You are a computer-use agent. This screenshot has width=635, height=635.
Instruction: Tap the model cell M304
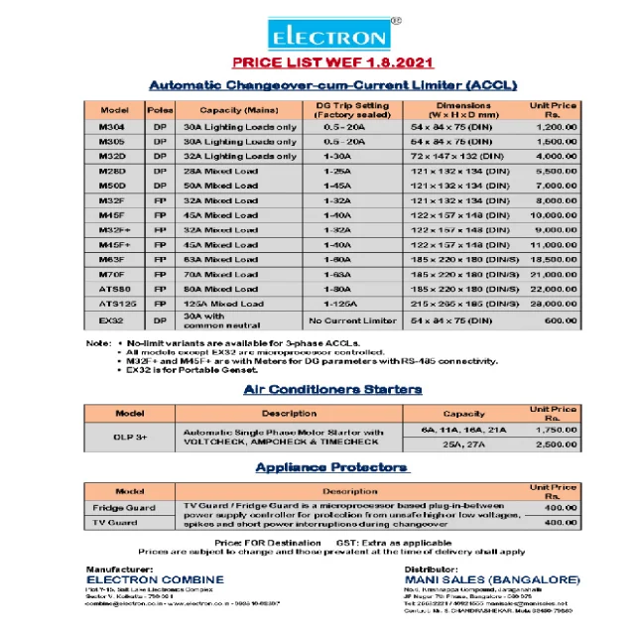(x=113, y=127)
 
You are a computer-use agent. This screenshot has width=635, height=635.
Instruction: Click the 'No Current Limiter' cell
(x=353, y=321)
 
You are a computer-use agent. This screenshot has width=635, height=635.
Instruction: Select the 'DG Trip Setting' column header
(x=353, y=109)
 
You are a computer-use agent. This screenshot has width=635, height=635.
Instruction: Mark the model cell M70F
(x=113, y=274)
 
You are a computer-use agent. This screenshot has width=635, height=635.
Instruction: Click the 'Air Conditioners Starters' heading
(x=332, y=389)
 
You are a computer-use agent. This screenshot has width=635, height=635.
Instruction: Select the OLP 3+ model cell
(x=131, y=436)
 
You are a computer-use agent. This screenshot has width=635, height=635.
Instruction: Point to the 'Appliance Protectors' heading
(x=330, y=466)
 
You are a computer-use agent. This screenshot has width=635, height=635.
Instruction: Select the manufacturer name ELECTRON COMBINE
(x=155, y=579)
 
